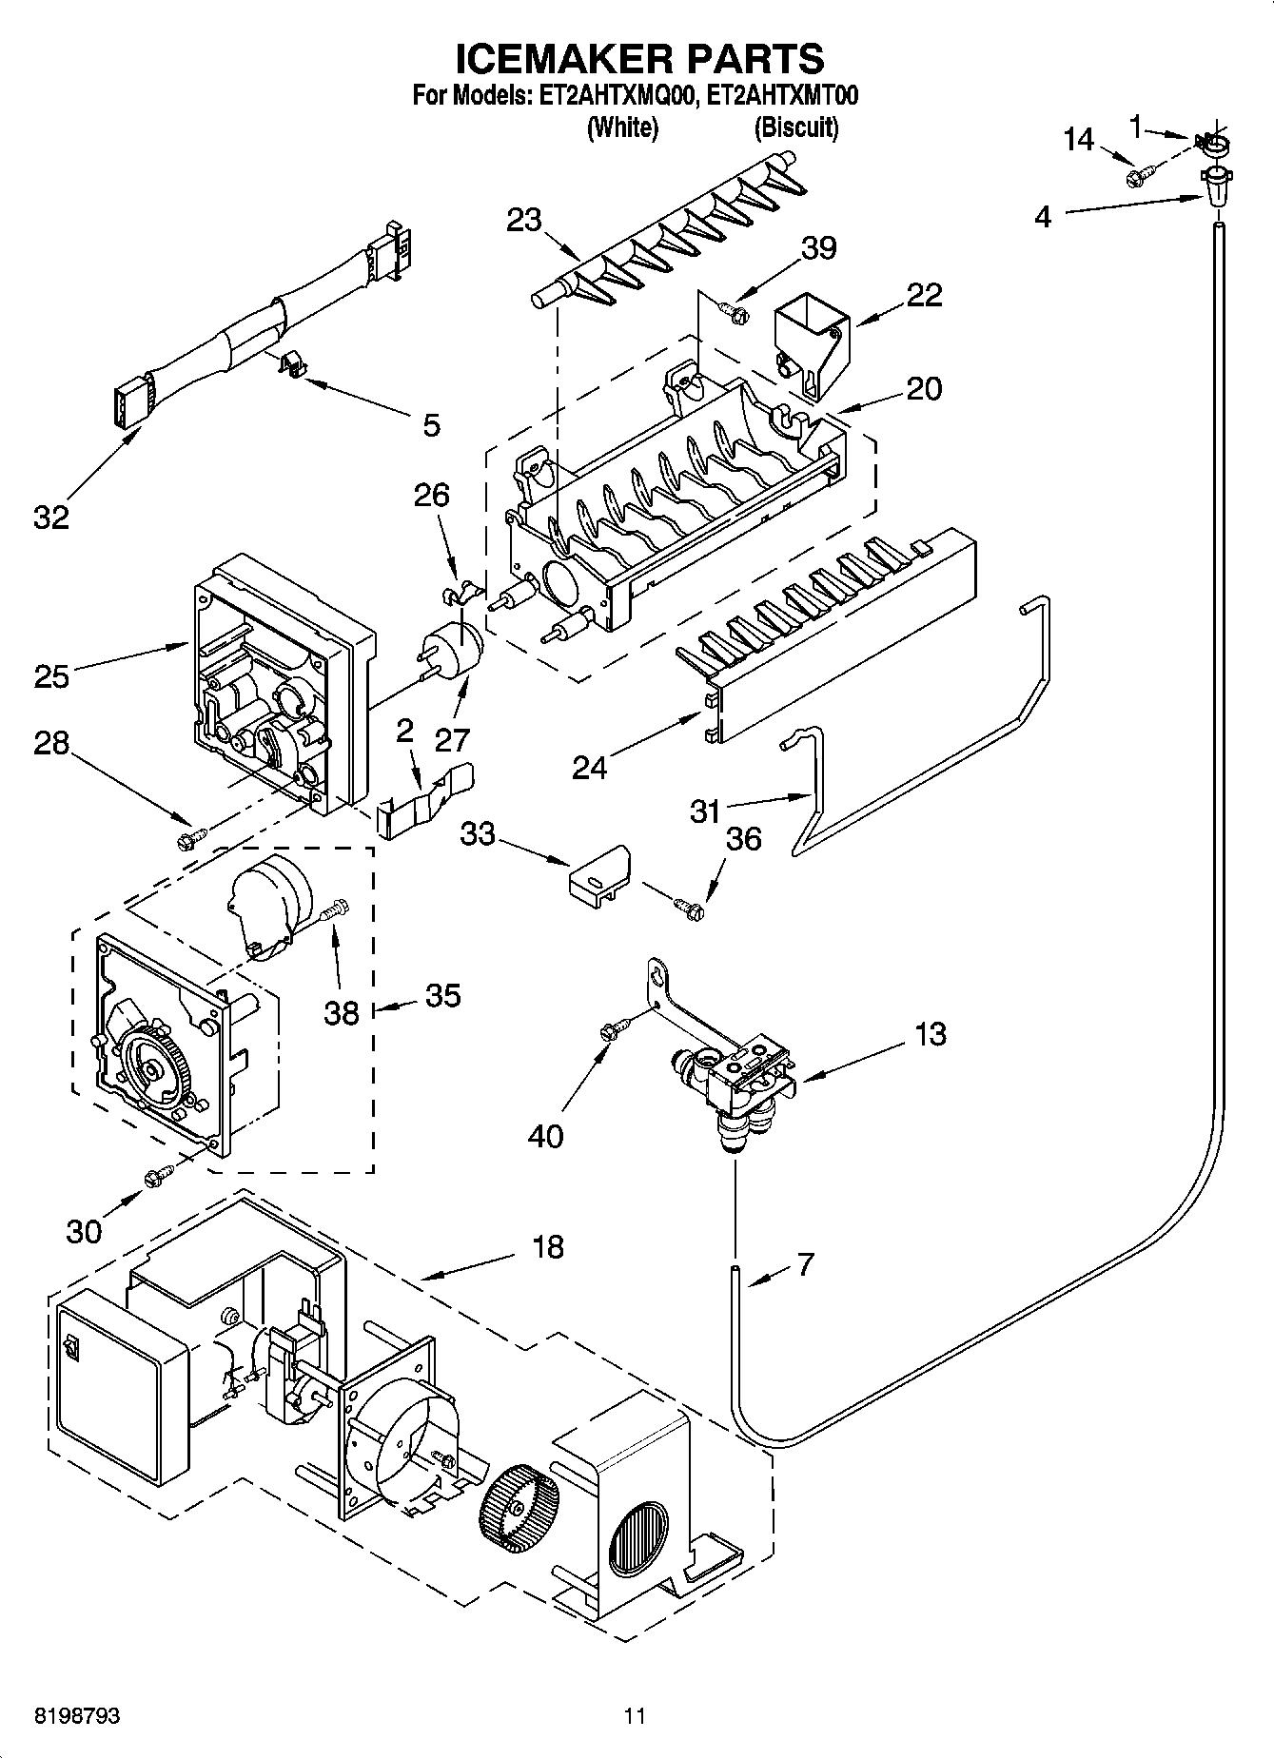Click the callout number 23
[523, 221]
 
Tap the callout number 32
[51, 518]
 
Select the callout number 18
[548, 1245]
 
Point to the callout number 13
[931, 1033]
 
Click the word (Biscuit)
[796, 127]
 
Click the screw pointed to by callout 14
[1138, 176]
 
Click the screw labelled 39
[734, 309]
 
